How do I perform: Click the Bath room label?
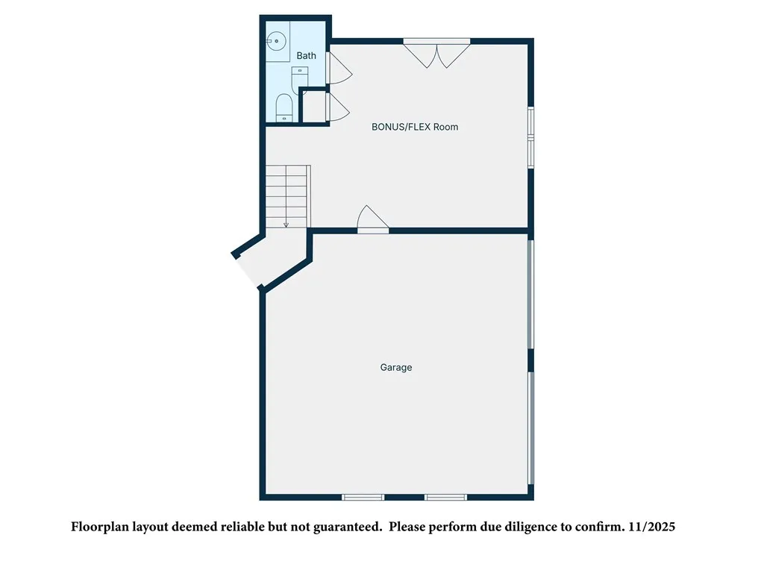point(306,56)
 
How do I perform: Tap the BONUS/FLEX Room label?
point(415,127)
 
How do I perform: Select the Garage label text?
point(396,367)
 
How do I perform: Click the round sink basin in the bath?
point(277,40)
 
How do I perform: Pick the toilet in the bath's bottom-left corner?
point(284,108)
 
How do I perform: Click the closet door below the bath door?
point(337,106)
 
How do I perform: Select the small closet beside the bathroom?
point(313,106)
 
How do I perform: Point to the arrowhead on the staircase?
point(286,224)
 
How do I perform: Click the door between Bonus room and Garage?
point(372,221)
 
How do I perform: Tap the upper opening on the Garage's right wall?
point(530,293)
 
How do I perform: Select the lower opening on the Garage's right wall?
point(530,428)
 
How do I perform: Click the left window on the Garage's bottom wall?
point(363,497)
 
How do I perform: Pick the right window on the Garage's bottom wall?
point(445,497)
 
